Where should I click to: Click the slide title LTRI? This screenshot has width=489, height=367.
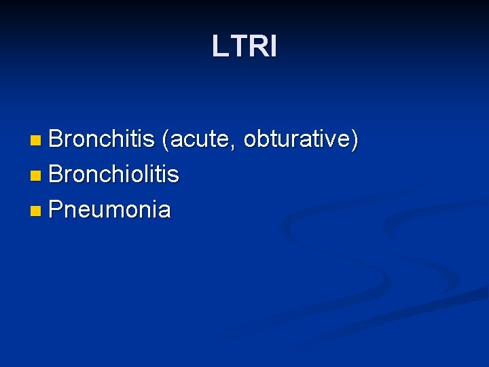pos(244,47)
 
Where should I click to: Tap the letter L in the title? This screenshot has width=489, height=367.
pos(219,47)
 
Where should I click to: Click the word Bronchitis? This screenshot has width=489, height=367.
pos(102,139)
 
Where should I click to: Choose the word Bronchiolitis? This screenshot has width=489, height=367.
pos(114,174)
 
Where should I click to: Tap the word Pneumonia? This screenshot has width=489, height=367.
pos(109,209)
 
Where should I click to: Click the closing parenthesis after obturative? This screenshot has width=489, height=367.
pos(355,140)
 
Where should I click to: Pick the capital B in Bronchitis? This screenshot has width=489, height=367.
pos(56,139)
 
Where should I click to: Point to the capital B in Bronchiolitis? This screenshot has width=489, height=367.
pos(56,174)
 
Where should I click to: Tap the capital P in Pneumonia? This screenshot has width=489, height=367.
pos(56,209)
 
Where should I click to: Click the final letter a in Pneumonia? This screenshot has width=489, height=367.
pos(164,211)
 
